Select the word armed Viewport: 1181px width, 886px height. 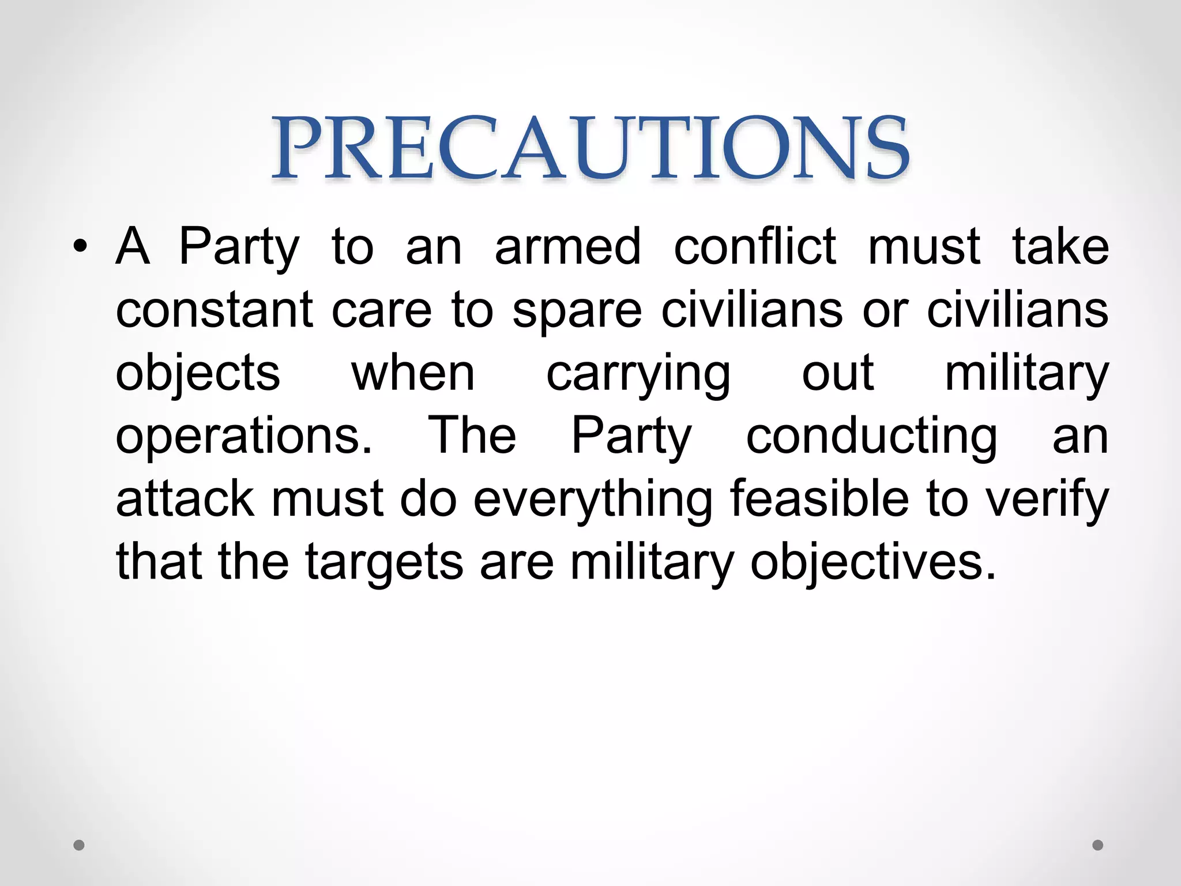567,247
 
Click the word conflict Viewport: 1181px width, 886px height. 755,247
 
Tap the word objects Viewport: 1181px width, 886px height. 198,374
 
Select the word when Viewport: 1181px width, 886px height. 413,373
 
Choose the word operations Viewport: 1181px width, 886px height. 244,437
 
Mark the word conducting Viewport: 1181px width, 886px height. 871,437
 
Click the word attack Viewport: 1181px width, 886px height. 185,499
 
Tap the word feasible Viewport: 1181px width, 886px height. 819,499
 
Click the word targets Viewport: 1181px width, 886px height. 384,563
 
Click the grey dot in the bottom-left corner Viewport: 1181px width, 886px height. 79,845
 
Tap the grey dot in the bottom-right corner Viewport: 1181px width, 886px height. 1098,845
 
